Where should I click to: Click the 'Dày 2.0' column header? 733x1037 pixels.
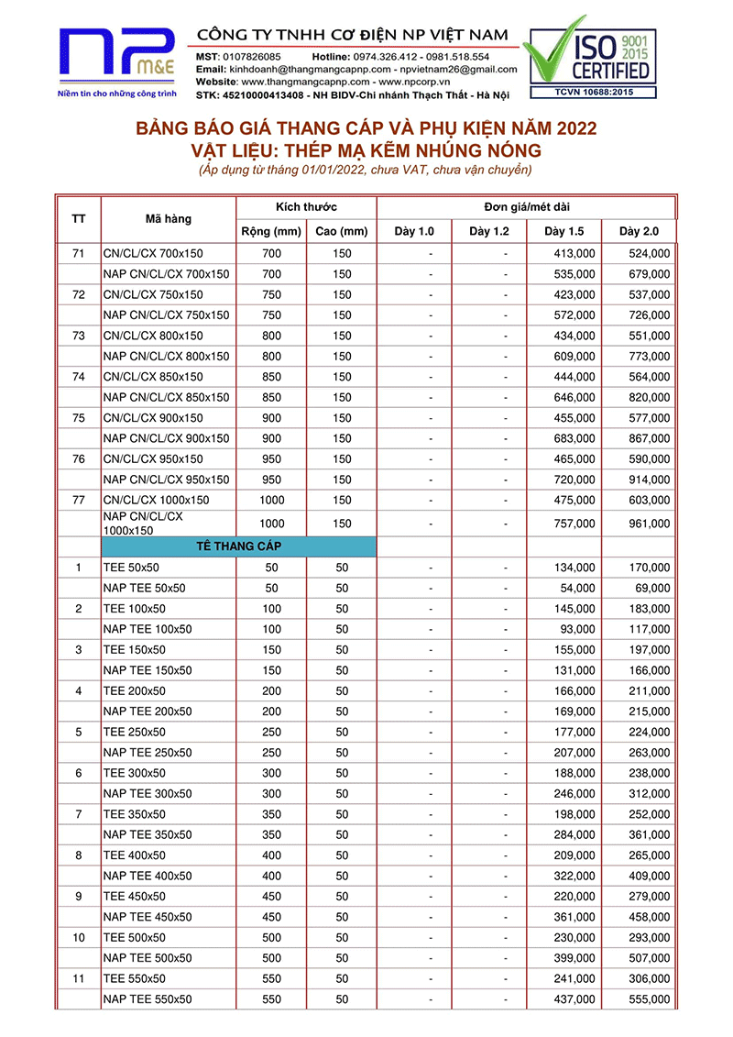click(x=639, y=231)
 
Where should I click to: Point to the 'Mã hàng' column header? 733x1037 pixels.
click(x=169, y=218)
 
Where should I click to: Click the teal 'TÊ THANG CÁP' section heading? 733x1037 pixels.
click(x=239, y=546)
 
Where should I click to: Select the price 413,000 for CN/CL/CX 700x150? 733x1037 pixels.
click(x=575, y=254)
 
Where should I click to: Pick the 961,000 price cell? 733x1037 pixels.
click(x=650, y=524)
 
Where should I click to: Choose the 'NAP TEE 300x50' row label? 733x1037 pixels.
click(x=148, y=793)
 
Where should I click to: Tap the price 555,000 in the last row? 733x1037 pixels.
click(x=650, y=998)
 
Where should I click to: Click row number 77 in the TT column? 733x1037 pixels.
click(x=78, y=501)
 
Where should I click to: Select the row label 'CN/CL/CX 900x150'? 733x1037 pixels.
click(x=153, y=418)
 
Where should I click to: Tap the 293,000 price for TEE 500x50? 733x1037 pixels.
click(x=650, y=937)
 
